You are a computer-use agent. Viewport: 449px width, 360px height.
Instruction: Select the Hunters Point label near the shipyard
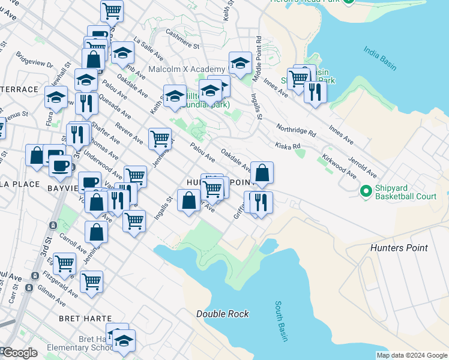click(x=399, y=248)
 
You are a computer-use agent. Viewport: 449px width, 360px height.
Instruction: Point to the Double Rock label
click(x=222, y=314)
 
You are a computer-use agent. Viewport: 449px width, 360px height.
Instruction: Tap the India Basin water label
click(x=380, y=57)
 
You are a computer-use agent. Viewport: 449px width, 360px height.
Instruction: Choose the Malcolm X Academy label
click(x=178, y=70)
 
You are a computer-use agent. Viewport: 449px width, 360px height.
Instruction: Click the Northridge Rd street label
click(x=295, y=131)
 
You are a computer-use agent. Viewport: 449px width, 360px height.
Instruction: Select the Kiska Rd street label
click(x=287, y=145)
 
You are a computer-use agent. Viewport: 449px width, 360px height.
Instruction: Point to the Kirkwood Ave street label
click(x=338, y=161)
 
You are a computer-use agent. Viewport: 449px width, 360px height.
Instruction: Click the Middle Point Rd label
click(x=257, y=58)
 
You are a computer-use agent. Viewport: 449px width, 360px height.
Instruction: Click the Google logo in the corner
click(x=20, y=353)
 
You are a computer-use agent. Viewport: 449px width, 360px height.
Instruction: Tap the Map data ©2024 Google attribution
click(x=411, y=355)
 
